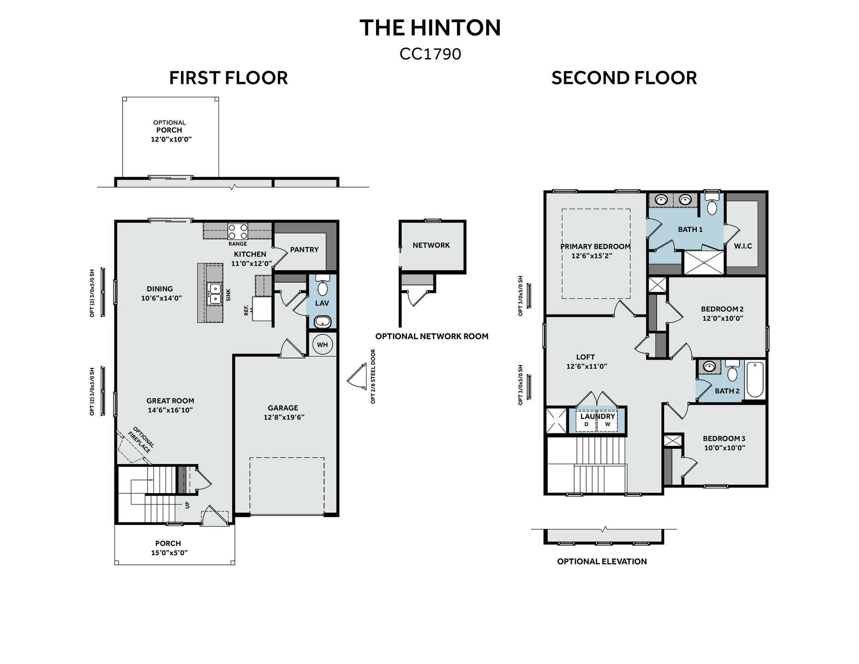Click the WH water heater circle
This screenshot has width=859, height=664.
[x=322, y=344]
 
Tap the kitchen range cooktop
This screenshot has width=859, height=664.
[x=238, y=231]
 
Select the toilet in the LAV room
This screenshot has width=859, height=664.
[x=322, y=286]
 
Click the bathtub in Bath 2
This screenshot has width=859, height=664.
[x=754, y=379]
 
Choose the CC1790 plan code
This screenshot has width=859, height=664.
[x=430, y=54]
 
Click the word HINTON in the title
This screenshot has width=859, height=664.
[x=455, y=28]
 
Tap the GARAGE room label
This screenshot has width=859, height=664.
[x=283, y=408]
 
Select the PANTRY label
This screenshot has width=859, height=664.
[x=304, y=249]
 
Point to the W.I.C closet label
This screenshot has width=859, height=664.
[x=743, y=246]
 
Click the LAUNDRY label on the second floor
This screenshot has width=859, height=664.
[x=597, y=416]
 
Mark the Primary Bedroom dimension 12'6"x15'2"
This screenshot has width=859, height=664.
[x=592, y=255]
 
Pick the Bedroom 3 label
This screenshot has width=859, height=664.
[x=724, y=439]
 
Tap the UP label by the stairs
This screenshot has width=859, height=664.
[x=187, y=505]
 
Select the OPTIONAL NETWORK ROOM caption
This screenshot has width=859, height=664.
[x=432, y=336]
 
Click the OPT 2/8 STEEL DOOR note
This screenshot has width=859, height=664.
[x=373, y=376]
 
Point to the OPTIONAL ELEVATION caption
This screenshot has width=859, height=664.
[x=602, y=561]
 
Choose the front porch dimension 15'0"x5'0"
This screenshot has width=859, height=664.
[x=169, y=552]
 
